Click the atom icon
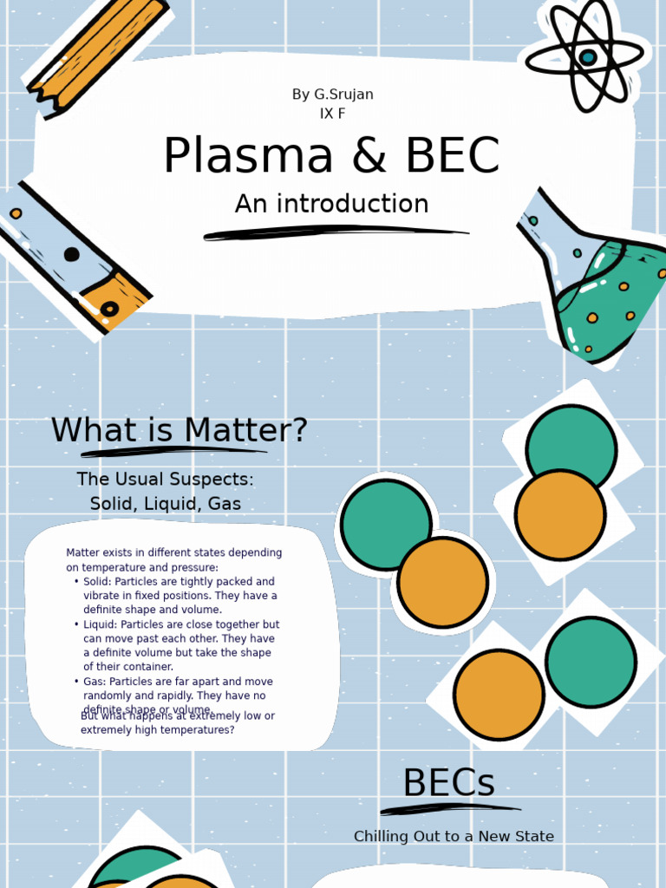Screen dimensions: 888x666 pyautogui.click(x=587, y=56)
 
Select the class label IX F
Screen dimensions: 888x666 pyautogui.click(x=333, y=114)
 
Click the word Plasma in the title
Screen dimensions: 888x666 pyautogui.click(x=248, y=157)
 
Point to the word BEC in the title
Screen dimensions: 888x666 pyautogui.click(x=451, y=157)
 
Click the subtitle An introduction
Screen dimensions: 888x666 pyautogui.click(x=332, y=204)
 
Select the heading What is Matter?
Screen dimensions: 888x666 pyautogui.click(x=179, y=430)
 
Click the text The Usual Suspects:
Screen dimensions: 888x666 pyautogui.click(x=165, y=480)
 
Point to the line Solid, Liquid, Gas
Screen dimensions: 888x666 pyautogui.click(x=165, y=504)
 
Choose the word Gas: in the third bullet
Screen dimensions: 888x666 pyautogui.click(x=95, y=682)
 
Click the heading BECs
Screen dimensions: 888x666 pyautogui.click(x=448, y=784)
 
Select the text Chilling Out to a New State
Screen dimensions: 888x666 pyautogui.click(x=454, y=837)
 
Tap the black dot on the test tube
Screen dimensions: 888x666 pyautogui.click(x=71, y=254)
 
